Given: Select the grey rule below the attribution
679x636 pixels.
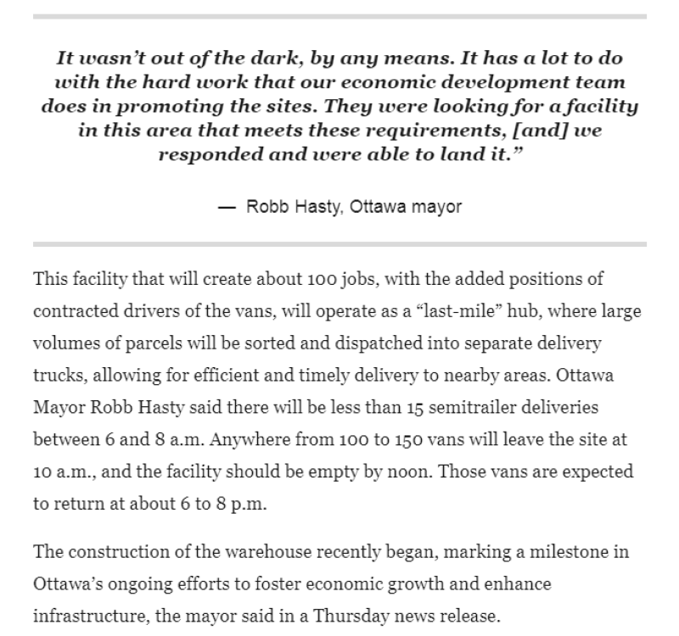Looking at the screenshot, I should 339,243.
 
